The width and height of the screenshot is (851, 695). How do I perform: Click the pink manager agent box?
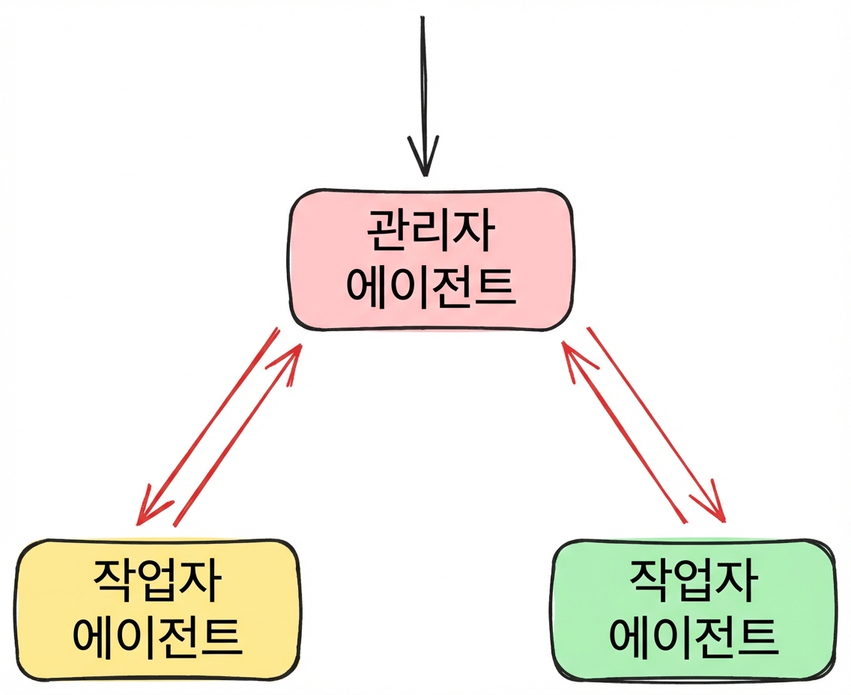pyautogui.click(x=430, y=259)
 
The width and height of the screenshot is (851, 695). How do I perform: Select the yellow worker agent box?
pyautogui.click(x=156, y=610)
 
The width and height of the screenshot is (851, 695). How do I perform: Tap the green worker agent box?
pyautogui.click(x=694, y=610)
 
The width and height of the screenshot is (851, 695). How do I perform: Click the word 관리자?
pyautogui.click(x=431, y=231)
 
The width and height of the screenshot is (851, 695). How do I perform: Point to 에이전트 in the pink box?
pyautogui.click(x=431, y=287)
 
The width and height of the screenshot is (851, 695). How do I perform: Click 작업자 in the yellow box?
pyautogui.click(x=157, y=580)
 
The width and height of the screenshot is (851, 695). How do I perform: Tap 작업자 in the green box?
pyautogui.click(x=694, y=580)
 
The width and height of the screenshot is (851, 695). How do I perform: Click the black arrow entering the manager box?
pyautogui.click(x=423, y=96)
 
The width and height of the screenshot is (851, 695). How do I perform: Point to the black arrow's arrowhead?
pyautogui.click(x=424, y=157)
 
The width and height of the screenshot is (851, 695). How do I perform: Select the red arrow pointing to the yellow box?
pyautogui.click(x=208, y=426)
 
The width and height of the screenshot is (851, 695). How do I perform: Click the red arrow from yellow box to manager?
pyautogui.click(x=237, y=434)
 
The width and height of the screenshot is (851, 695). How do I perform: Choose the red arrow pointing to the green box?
pyautogui.click(x=656, y=425)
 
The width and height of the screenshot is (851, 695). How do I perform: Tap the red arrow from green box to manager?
pyautogui.click(x=624, y=432)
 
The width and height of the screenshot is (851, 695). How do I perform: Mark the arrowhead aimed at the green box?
pyautogui.click(x=713, y=506)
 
